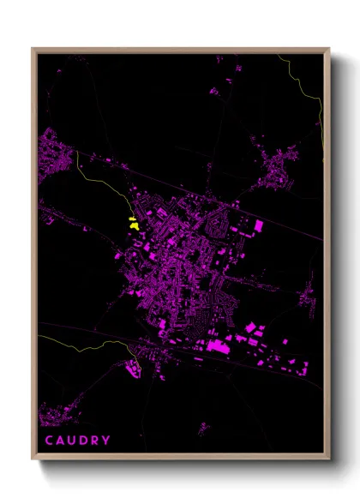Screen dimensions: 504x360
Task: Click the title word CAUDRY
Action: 77,441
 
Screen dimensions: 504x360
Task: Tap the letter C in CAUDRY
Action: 50,441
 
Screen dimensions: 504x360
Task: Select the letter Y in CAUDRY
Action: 105,441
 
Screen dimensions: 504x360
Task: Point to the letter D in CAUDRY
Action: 83,441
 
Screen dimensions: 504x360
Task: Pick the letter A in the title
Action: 61,441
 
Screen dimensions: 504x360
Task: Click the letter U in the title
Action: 72,441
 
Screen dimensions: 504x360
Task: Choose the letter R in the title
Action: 94,441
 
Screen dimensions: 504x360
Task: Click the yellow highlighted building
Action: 133,225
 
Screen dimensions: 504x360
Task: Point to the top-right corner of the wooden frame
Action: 329,49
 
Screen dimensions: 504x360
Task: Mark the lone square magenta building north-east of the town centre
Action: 259,225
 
